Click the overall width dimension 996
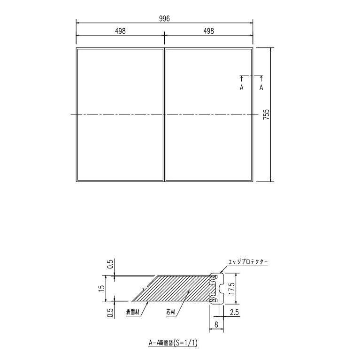click(164, 18)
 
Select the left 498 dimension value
click(120, 31)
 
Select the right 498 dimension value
click(208, 31)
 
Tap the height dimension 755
click(266, 115)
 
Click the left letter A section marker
click(242, 87)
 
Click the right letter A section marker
click(261, 87)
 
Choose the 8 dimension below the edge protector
click(215, 323)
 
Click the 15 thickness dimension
click(101, 288)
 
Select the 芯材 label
click(171, 312)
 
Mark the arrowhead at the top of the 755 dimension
click(271, 49)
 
